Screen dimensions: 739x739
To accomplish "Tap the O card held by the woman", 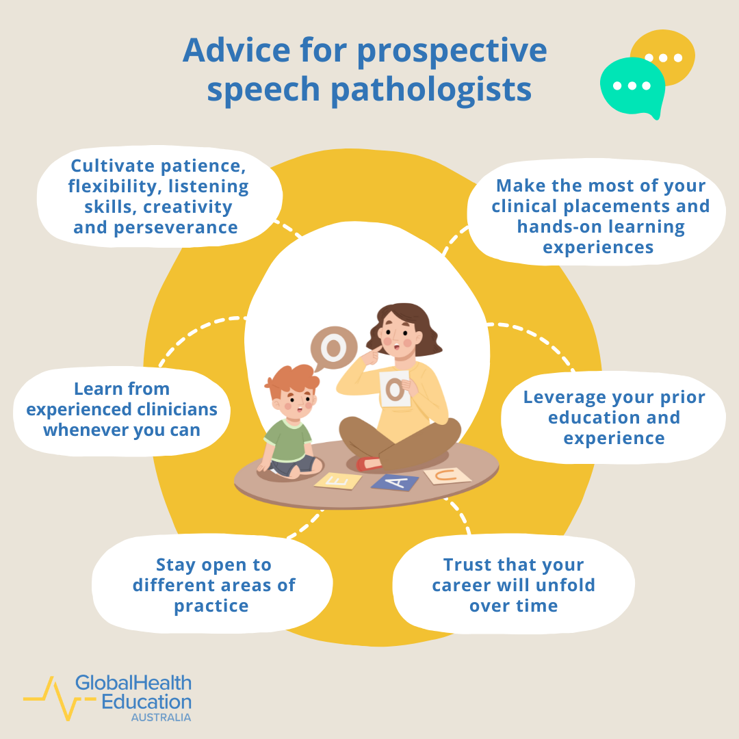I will [x=395, y=390].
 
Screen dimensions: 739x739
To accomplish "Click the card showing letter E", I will [x=338, y=480].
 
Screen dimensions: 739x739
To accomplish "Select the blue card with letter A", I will [x=395, y=482].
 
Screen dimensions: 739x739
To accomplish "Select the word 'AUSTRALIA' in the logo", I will [x=161, y=717].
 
